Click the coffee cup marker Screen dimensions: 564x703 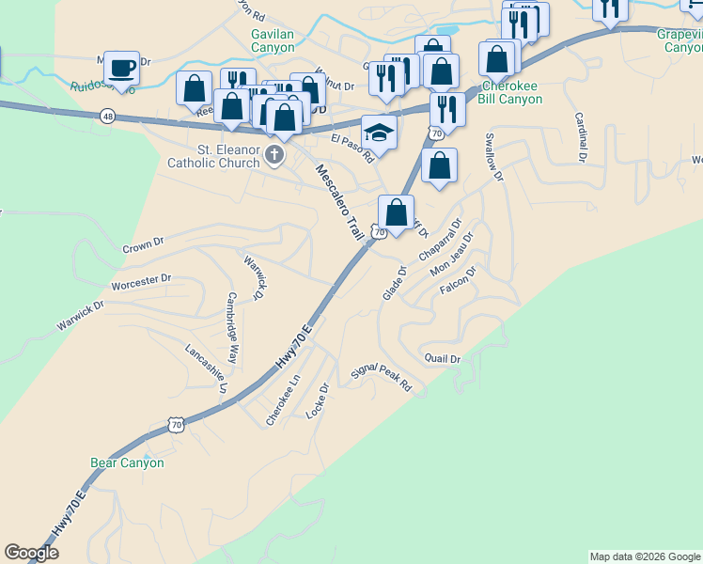121,68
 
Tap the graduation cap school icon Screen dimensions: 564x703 379,133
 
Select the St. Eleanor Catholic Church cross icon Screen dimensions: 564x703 273,155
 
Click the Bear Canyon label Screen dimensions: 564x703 127,462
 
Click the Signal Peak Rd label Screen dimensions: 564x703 382,378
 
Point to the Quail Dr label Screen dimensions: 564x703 442,359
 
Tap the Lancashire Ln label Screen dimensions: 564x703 207,369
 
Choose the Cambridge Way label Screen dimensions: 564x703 231,315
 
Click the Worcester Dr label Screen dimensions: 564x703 141,279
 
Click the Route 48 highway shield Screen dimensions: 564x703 109,116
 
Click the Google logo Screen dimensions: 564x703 31,553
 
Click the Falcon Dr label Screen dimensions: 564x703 459,282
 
